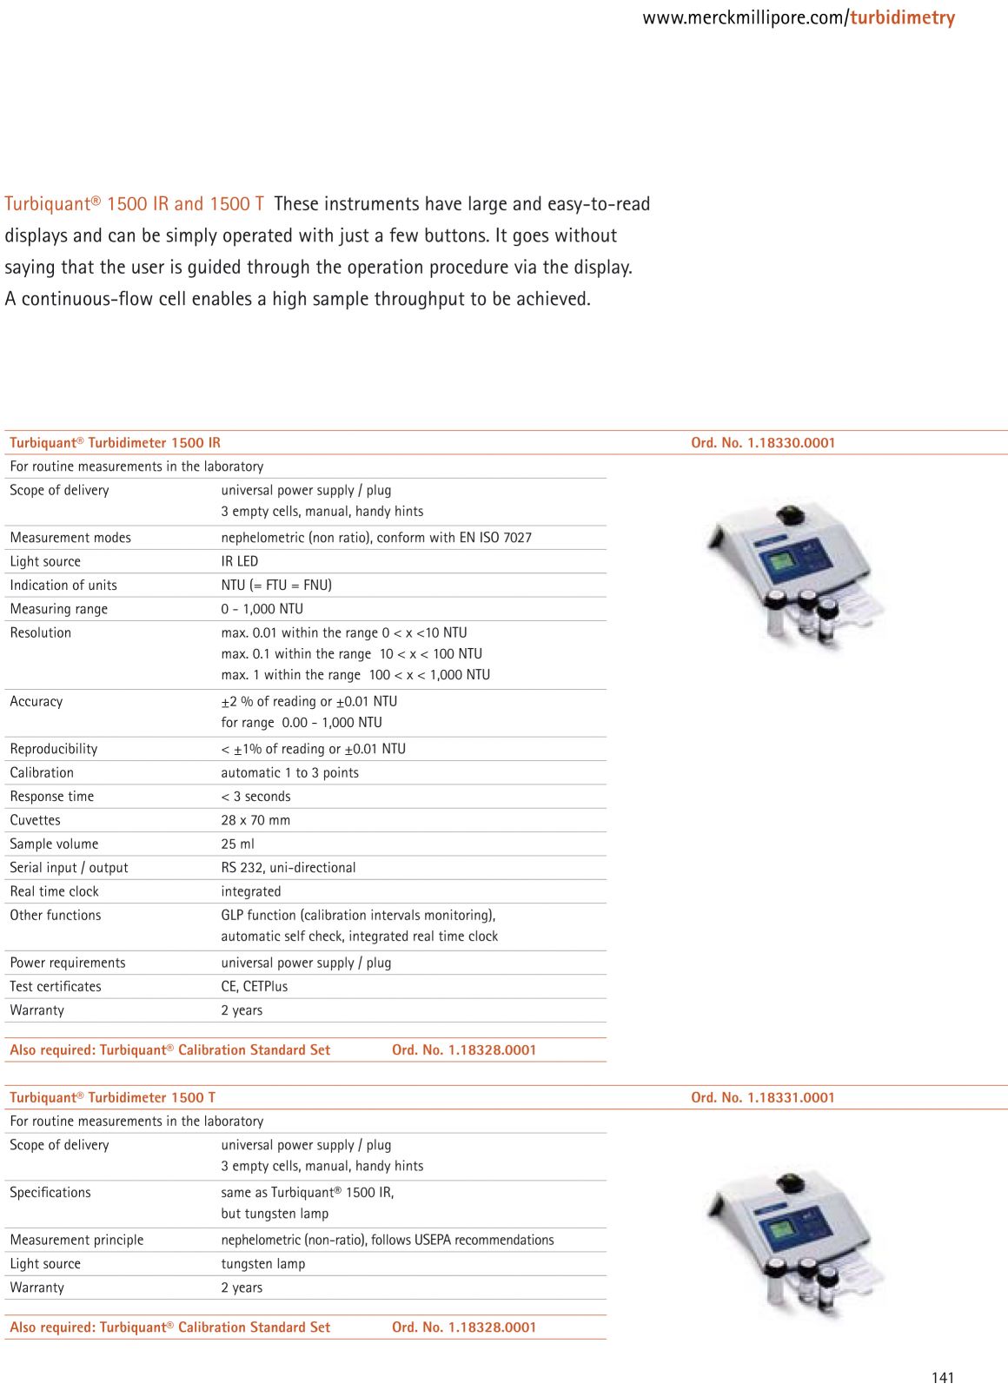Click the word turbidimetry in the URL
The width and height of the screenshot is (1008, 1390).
(902, 18)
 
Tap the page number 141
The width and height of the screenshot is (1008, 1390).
(942, 1377)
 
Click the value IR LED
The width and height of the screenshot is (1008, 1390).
(240, 561)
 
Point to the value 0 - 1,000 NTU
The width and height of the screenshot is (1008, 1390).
(262, 609)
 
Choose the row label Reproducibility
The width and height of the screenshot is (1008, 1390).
(54, 749)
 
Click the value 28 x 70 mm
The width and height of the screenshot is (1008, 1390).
(255, 820)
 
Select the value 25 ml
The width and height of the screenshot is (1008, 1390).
(237, 844)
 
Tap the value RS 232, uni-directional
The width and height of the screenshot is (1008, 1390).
(288, 867)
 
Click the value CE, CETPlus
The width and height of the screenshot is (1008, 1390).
(255, 986)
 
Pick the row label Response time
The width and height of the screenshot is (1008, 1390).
(52, 796)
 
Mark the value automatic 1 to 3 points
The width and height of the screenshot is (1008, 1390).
(289, 772)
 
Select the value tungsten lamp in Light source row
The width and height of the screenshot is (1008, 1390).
(263, 1263)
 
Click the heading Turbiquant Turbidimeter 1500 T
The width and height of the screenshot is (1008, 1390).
(113, 1097)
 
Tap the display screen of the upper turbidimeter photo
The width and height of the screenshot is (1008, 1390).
(781, 561)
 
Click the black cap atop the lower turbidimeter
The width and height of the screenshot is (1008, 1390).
(791, 1183)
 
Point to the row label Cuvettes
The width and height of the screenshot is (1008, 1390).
(36, 820)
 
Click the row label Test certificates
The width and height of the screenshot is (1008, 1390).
(56, 986)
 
